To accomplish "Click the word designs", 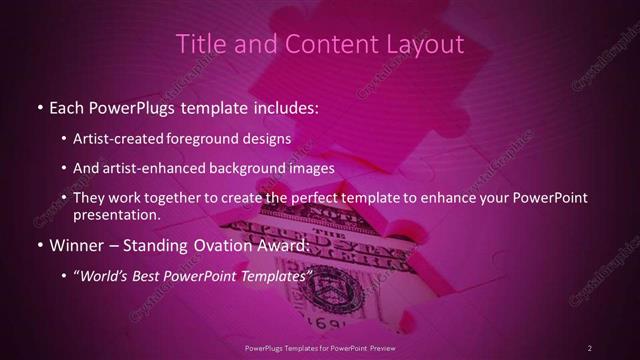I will (x=270, y=138).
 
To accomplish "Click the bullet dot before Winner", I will (x=39, y=246).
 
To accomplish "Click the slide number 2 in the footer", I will (x=590, y=347).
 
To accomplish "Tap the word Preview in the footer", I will (x=383, y=347).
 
